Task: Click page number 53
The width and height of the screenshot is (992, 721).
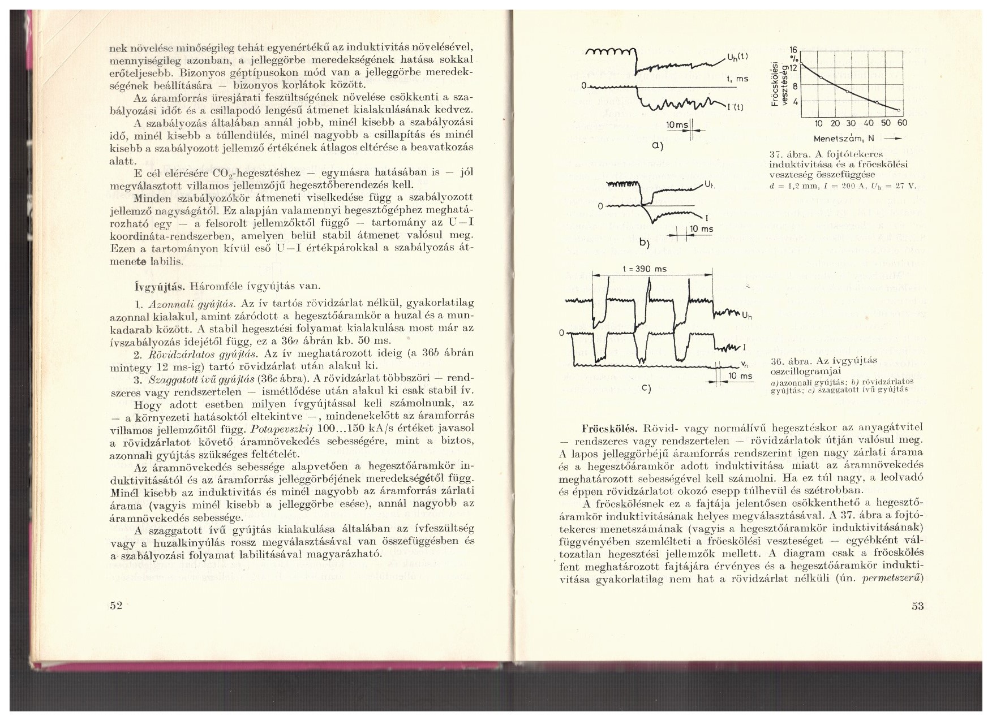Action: coord(917,607)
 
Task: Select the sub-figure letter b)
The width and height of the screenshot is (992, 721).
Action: coord(643,243)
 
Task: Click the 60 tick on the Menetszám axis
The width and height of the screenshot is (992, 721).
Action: coord(901,123)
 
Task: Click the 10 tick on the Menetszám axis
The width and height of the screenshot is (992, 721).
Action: coord(818,123)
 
